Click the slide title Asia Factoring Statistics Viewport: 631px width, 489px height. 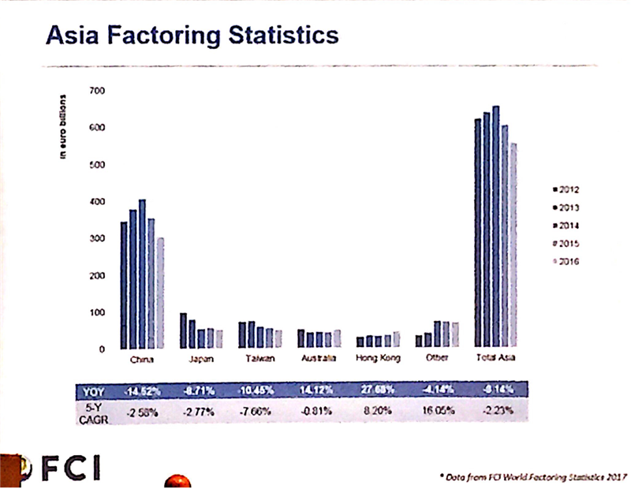tap(192, 35)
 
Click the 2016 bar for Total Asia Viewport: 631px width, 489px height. tap(514, 245)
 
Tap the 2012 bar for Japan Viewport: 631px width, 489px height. tap(183, 330)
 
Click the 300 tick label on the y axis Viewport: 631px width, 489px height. tap(97, 239)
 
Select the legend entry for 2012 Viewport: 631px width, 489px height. tap(568, 189)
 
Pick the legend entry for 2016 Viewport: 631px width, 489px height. tap(568, 262)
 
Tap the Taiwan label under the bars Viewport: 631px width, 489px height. tap(259, 360)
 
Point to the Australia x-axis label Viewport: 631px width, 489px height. tap(319, 360)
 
